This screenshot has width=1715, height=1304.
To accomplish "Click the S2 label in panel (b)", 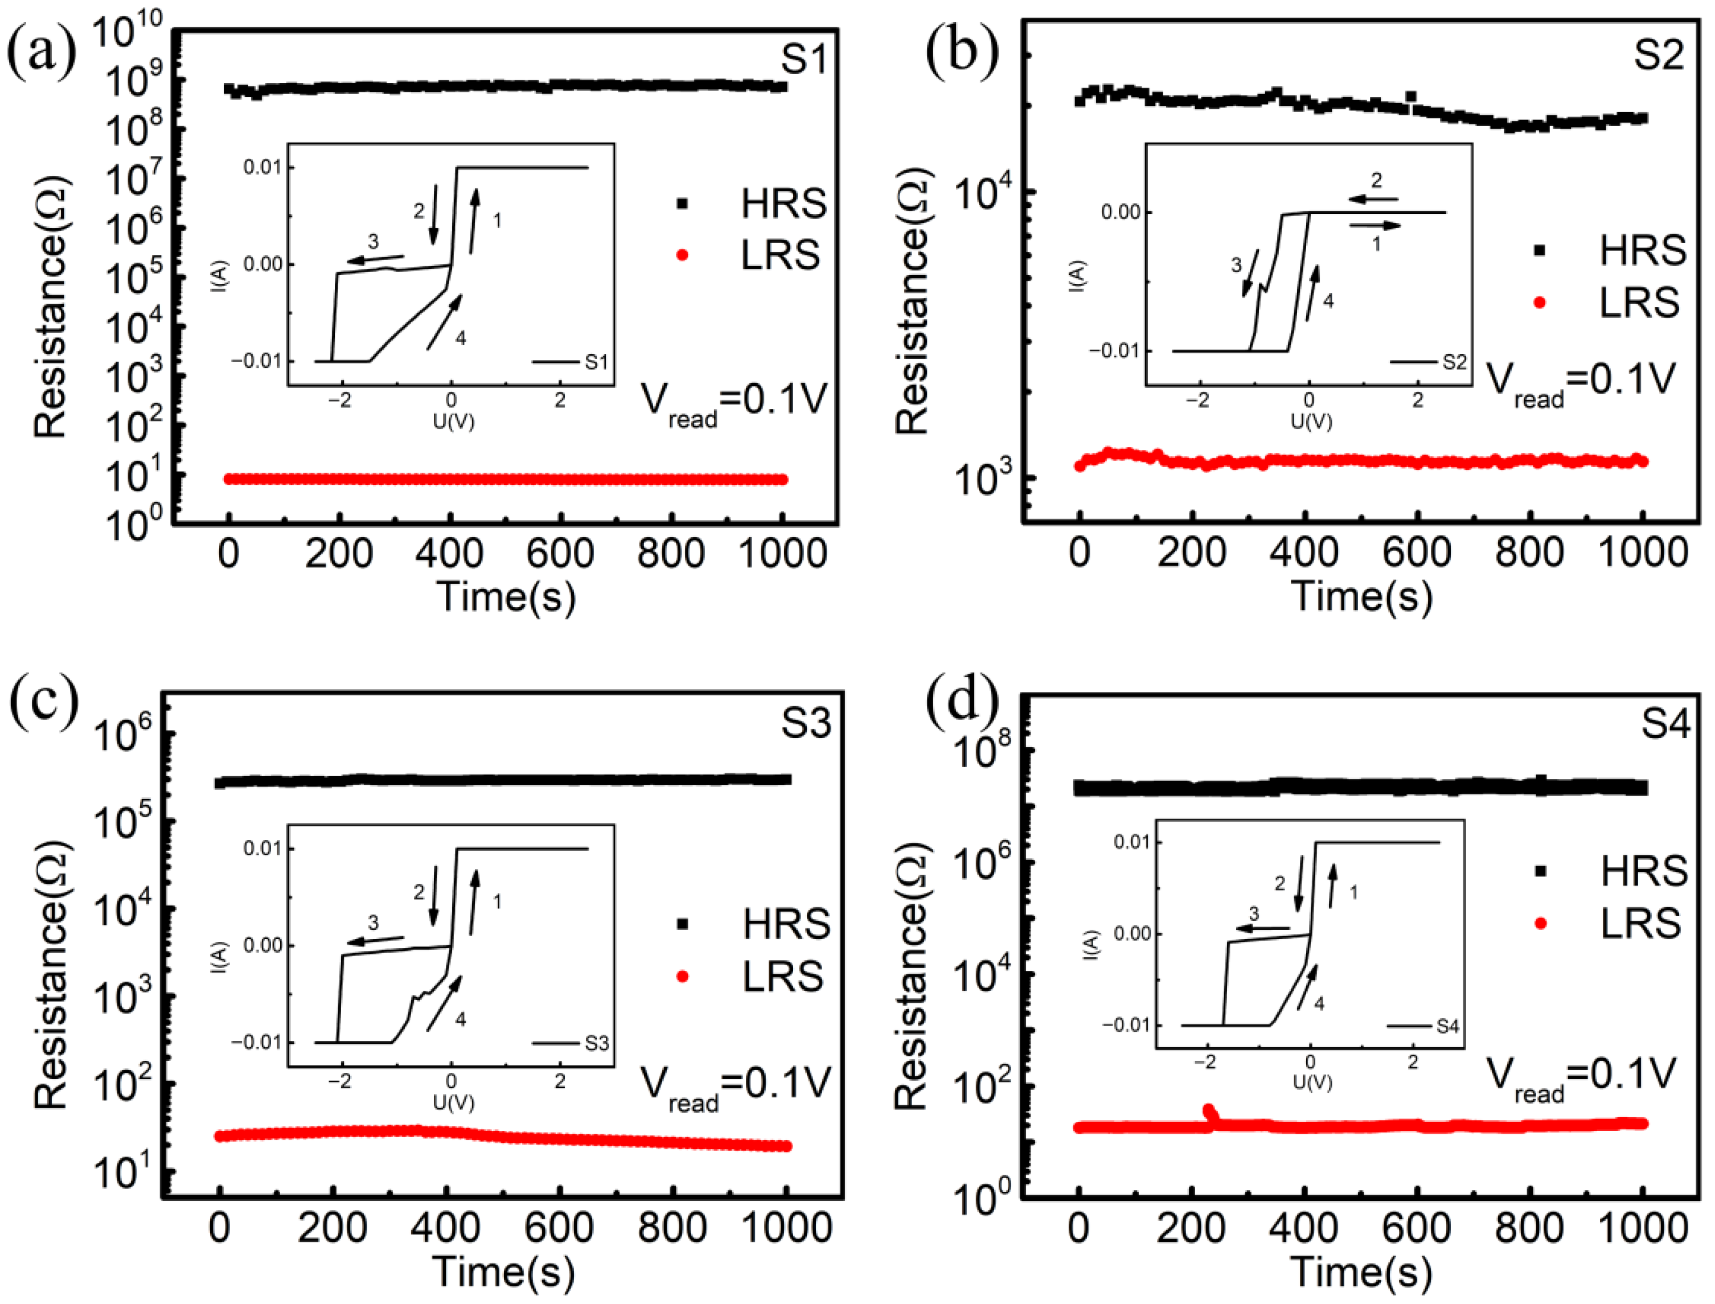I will pos(1659,55).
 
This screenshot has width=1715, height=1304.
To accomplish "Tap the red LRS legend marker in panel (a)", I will pos(682,255).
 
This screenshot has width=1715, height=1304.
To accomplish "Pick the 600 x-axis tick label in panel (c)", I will pos(558,1228).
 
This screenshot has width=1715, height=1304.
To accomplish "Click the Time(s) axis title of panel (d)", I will pos(1362,1272).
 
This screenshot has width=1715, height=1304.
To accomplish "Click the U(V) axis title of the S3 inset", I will pos(453,1102).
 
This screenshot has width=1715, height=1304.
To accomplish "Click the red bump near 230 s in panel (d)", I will pos(1209,1112).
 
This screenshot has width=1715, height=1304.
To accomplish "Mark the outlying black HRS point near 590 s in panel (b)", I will pos(1411,96).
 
